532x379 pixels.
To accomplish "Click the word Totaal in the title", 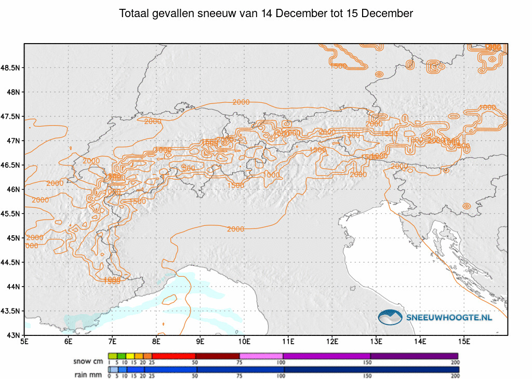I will (x=134, y=13).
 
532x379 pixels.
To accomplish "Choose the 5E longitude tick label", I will (x=24, y=342).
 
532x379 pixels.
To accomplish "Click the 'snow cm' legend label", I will (x=88, y=361).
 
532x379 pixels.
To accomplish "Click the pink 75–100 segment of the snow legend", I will (x=261, y=356).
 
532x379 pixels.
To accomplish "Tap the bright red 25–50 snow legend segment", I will (x=173, y=356).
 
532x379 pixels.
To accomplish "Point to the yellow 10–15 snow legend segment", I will (x=130, y=356).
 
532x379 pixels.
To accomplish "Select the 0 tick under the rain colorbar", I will (x=109, y=376).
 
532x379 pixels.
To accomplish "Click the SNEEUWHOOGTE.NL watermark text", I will (x=449, y=317).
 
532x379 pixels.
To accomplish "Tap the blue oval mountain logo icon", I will (x=390, y=317).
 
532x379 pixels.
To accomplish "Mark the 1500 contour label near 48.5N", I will (x=338, y=66).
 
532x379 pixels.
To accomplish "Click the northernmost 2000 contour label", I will (x=241, y=102).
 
